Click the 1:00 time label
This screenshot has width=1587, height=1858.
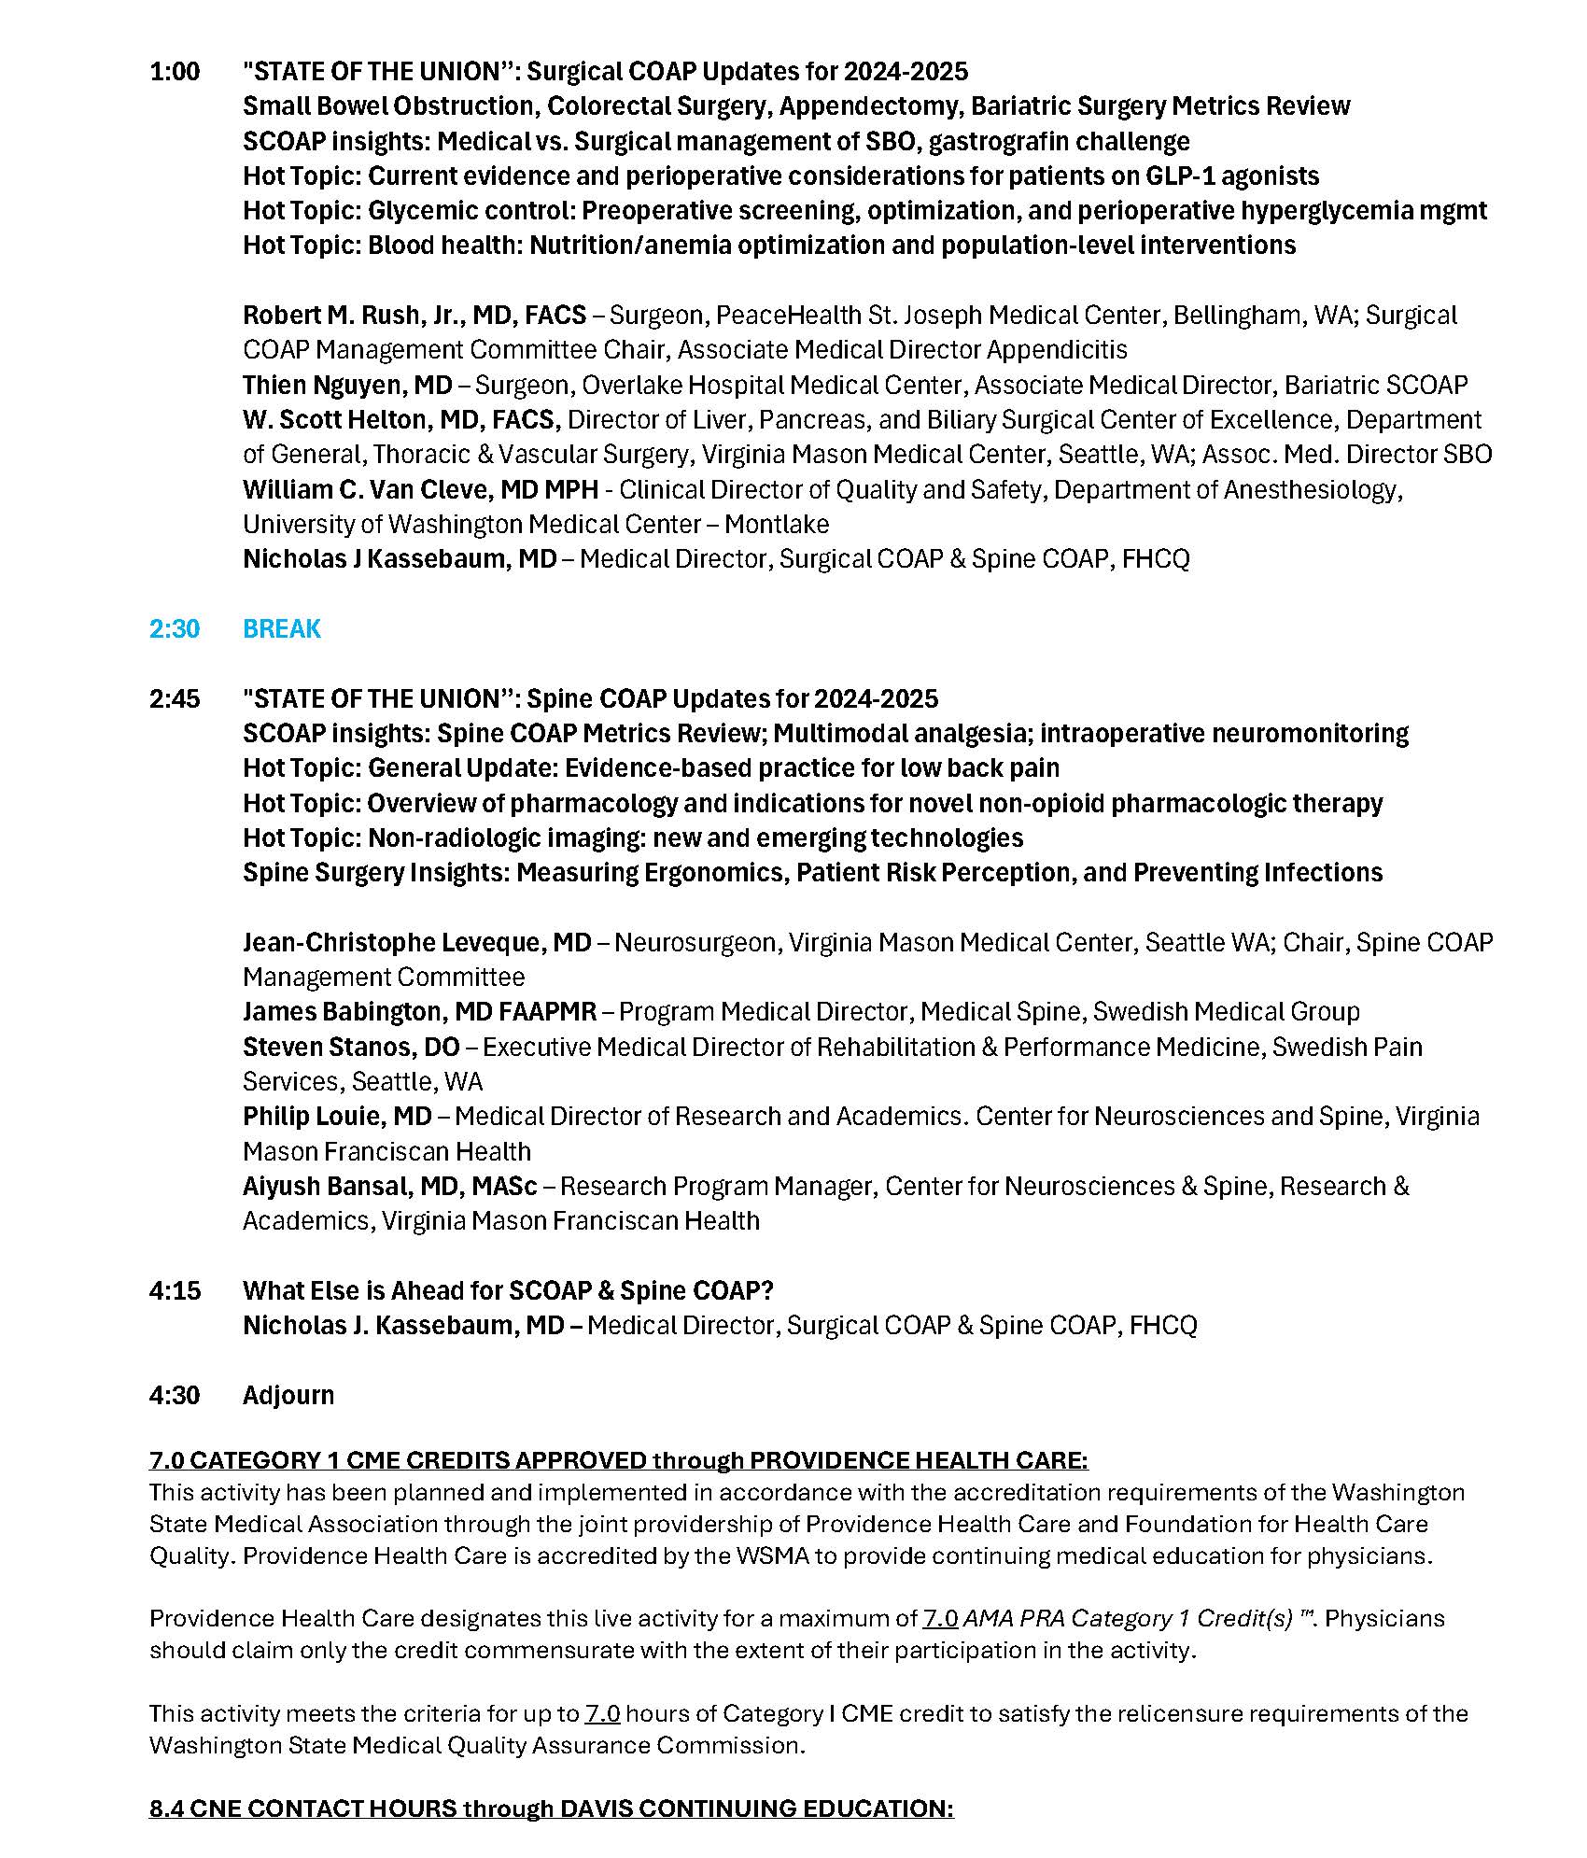click(x=175, y=72)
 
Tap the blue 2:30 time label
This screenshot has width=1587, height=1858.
click(x=175, y=628)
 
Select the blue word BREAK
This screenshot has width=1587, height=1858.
click(x=281, y=628)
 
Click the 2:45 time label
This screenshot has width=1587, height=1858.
click(x=175, y=698)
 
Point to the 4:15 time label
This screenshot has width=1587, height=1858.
click(x=175, y=1290)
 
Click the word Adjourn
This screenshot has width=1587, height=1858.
click(x=288, y=1395)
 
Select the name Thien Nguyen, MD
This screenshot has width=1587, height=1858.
click(x=347, y=385)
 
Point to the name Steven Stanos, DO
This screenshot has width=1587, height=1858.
click(x=351, y=1048)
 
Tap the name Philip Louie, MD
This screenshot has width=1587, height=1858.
click(x=337, y=1117)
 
